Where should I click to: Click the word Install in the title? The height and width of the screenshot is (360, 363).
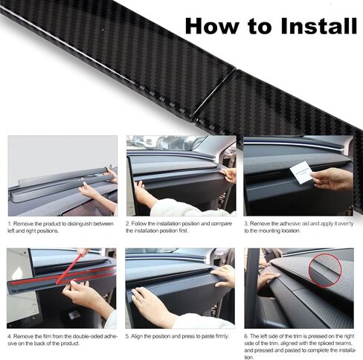[318, 26]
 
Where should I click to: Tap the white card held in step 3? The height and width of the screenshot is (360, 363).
[302, 173]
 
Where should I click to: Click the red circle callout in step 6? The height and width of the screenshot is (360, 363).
[325, 271]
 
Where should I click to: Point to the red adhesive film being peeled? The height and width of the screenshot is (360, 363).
[62, 276]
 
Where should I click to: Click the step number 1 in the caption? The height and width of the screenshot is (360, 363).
[10, 224]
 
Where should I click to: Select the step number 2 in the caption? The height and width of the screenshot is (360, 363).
[127, 224]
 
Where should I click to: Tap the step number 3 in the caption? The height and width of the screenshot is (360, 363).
[246, 224]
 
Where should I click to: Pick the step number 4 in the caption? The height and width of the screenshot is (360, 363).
[10, 337]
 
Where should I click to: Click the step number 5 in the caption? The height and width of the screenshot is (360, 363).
[127, 337]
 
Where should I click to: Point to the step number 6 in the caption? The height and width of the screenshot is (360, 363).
[246, 337]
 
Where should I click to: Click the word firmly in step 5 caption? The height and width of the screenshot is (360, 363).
[221, 337]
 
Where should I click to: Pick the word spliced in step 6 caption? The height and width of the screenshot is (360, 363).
[330, 344]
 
